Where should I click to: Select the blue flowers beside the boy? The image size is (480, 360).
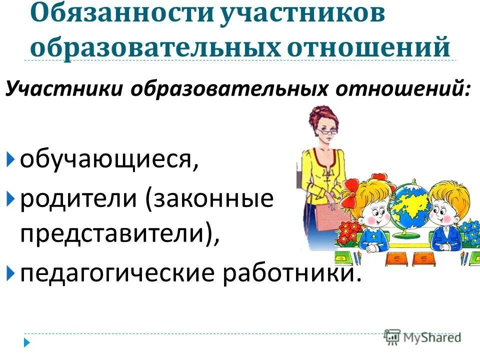click(470, 230)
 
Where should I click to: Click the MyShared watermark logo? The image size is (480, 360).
click(422, 336)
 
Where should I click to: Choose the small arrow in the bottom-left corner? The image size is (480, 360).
click(27, 343)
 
